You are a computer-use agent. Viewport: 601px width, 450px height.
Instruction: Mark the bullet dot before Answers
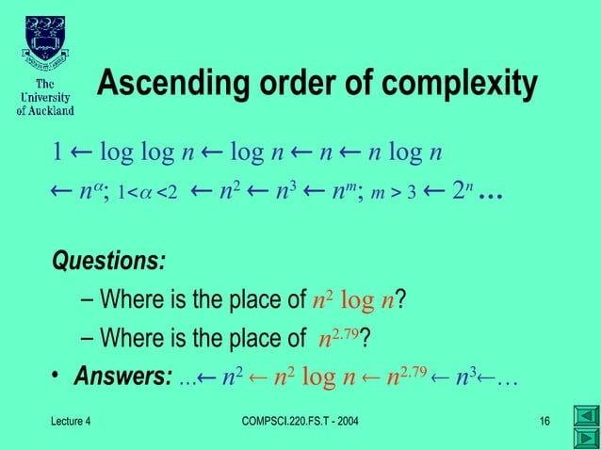click(x=56, y=378)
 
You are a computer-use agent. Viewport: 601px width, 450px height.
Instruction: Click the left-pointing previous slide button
click(x=585, y=415)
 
